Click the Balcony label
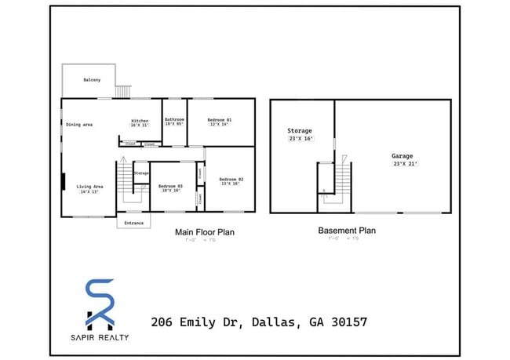tap(92, 79)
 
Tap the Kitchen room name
tap(140, 120)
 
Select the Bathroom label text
tap(174, 120)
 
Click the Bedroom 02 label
tap(231, 180)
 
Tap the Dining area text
tap(79, 125)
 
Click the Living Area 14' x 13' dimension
tap(88, 191)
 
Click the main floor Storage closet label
tap(141, 173)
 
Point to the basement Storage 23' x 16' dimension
tap(300, 138)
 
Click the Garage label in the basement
tap(403, 156)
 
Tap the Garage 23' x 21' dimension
tap(405, 164)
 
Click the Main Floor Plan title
tap(204, 232)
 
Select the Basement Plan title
tap(346, 231)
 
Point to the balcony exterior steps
tap(122, 92)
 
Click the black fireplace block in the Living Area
tap(64, 182)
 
